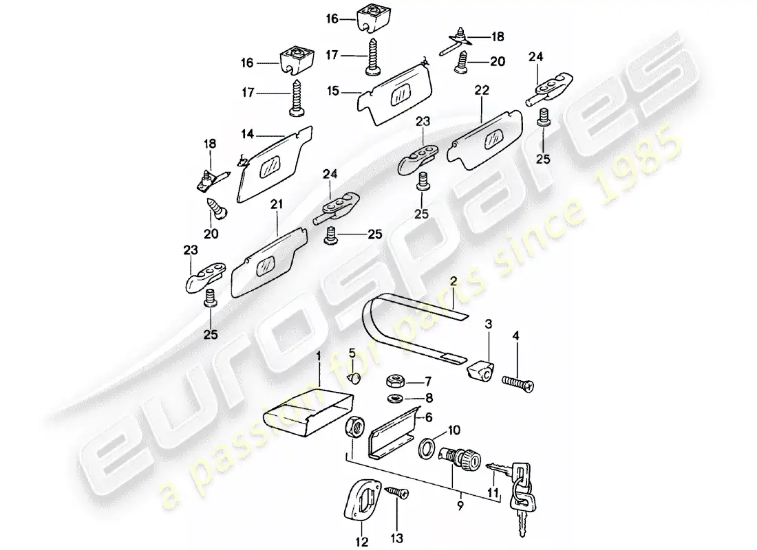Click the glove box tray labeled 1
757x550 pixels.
pos(298,414)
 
